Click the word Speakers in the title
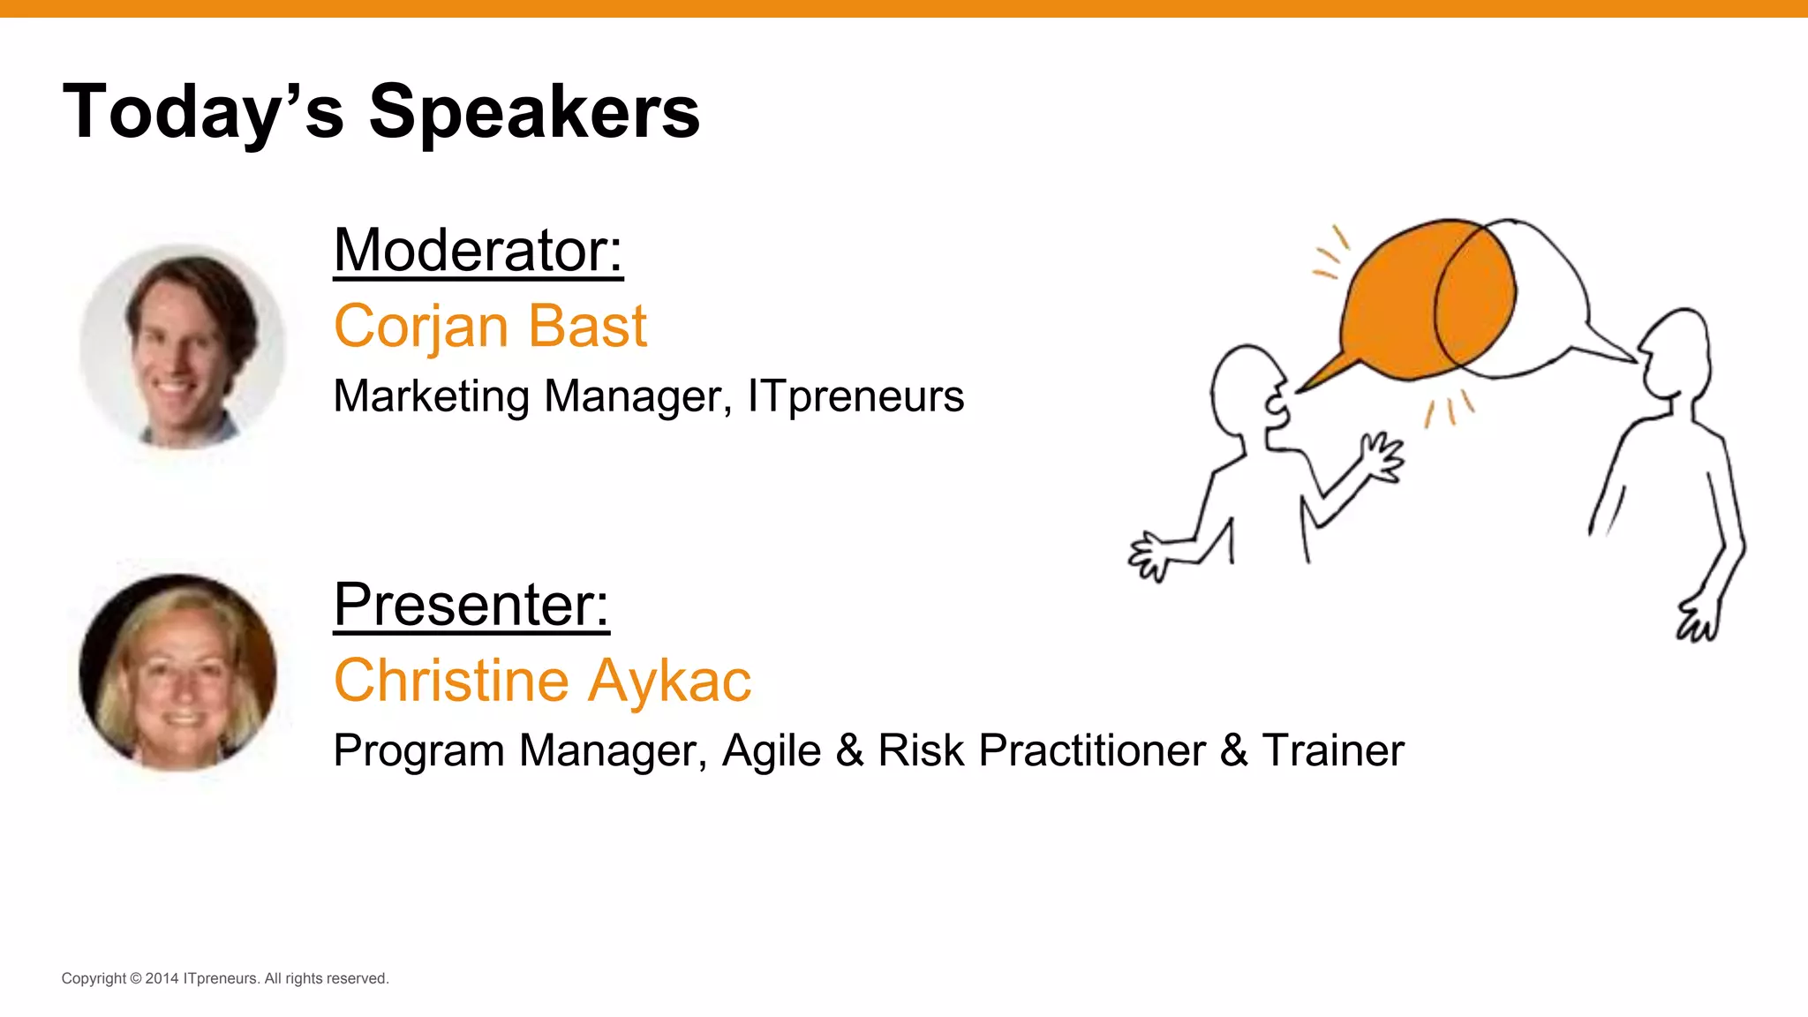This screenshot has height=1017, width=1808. pos(534,113)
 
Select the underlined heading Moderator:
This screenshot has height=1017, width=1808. pos(478,251)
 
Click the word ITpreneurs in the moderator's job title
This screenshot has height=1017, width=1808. pos(855,395)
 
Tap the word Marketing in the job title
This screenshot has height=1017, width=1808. pos(431,395)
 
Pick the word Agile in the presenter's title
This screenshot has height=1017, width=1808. pos(771,750)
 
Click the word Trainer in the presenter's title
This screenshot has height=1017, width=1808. pos(1332,750)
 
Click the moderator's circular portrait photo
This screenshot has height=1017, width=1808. pos(182,346)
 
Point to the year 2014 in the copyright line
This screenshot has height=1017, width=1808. pos(162,978)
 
